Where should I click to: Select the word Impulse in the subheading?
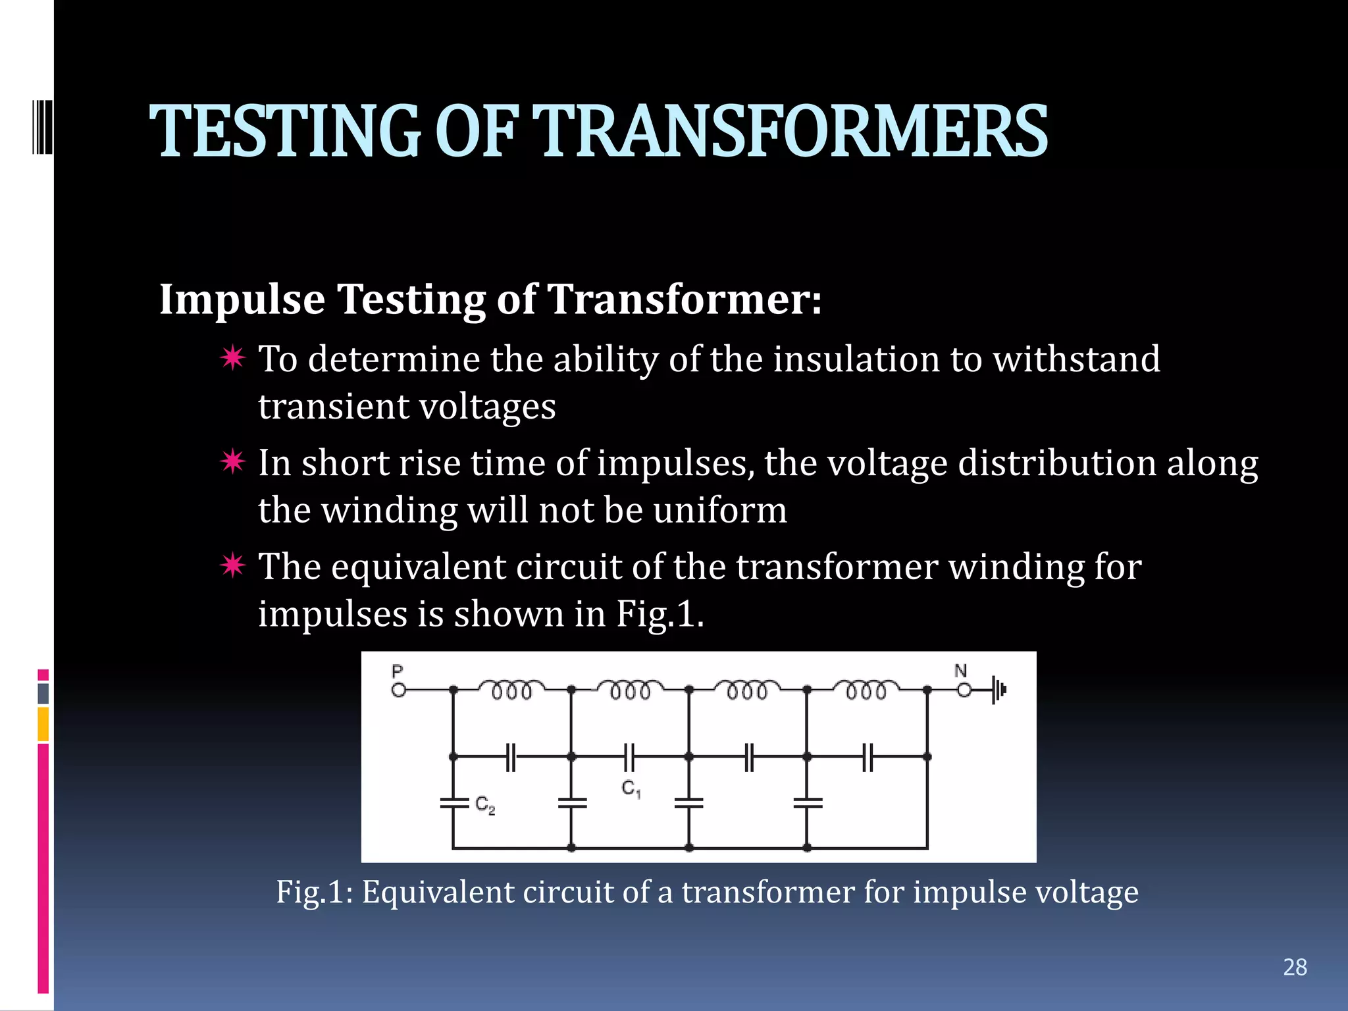(242, 299)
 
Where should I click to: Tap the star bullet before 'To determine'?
(233, 358)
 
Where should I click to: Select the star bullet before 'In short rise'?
(233, 461)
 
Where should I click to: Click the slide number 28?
(1295, 967)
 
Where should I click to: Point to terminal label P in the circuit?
(397, 671)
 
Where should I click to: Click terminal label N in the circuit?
(960, 671)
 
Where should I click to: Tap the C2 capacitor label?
(485, 805)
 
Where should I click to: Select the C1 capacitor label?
(631, 789)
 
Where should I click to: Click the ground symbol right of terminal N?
(998, 690)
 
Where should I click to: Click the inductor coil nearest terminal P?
(511, 689)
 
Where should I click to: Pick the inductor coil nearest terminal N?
(866, 689)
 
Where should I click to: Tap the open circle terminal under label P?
(398, 690)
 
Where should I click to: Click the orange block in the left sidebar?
(43, 724)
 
